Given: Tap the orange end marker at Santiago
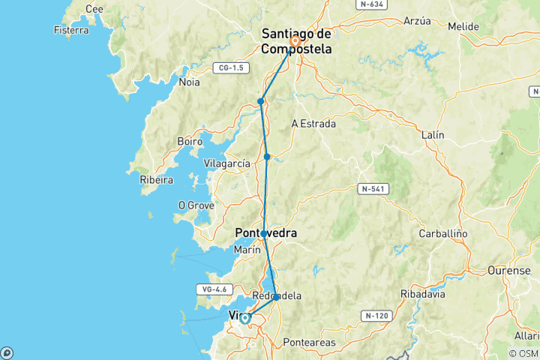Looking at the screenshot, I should tap(295, 41).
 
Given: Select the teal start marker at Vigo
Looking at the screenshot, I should tap(244, 319).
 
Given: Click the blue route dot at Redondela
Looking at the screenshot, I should tap(277, 298).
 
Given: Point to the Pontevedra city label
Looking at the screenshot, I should tap(266, 233).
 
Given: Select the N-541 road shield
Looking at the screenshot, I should tap(371, 188).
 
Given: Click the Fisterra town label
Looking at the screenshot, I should tap(71, 30).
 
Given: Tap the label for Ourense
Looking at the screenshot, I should tap(508, 269).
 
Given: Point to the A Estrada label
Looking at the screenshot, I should tap(313, 124).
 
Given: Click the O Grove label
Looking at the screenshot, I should tap(196, 205).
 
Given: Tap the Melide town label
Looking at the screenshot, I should tap(463, 26).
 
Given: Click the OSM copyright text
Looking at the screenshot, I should tap(523, 353).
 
